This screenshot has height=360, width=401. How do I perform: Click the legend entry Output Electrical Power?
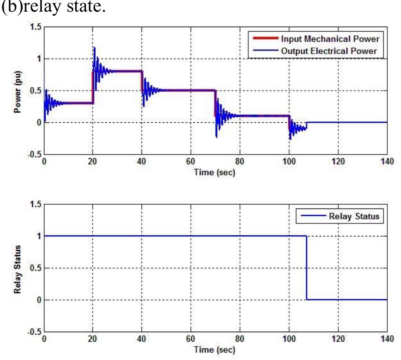coord(332,51)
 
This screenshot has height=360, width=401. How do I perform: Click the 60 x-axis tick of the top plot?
coord(191,161)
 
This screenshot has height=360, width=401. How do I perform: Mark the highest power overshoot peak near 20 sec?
coord(94,47)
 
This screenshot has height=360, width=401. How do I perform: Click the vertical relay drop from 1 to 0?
coord(307,268)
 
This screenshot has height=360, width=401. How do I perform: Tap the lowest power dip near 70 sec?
coord(216,137)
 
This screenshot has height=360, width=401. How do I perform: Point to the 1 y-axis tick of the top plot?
coord(39,59)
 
